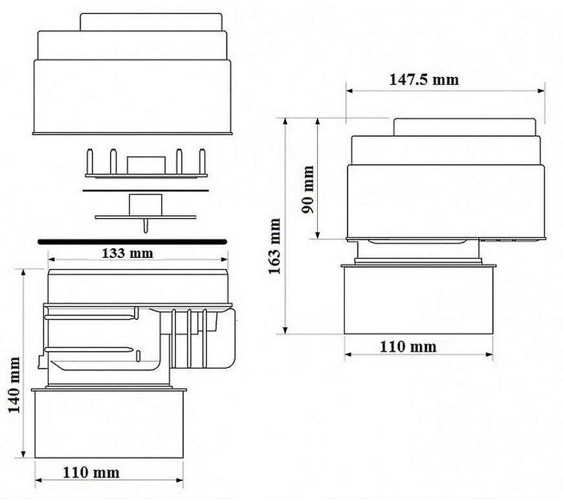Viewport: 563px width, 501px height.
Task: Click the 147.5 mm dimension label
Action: pos(424,80)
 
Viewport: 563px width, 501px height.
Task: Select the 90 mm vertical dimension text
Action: pos(308,189)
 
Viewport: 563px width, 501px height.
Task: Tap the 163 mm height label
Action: pos(274,246)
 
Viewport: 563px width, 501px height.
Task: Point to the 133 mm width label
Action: pos(127,253)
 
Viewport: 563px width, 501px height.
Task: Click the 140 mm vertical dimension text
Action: pos(14,385)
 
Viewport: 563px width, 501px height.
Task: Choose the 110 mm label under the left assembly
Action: pos(91,473)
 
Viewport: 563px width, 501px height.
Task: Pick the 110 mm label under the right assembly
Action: pos(408,346)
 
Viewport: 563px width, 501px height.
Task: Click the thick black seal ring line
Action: pos(133,242)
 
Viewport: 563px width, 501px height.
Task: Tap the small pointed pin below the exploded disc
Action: pos(146,225)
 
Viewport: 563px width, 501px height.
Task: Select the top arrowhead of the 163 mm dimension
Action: pos(285,122)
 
